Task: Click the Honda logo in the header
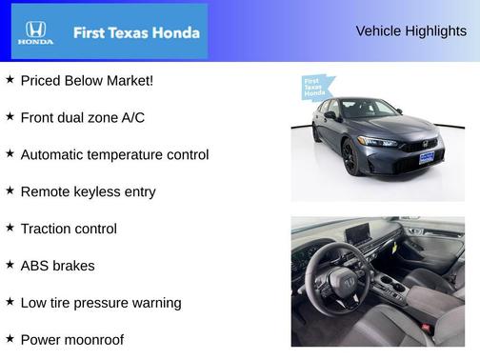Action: coord(34,33)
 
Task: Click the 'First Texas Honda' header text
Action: coord(136,32)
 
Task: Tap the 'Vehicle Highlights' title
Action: coord(410,30)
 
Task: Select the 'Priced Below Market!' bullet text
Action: coord(87,80)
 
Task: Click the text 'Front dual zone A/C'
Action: coord(82,117)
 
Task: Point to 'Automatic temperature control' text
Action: coord(114,154)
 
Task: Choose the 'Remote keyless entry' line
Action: coord(88,191)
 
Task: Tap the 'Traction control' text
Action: coord(69,229)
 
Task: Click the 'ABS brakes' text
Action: coord(57,266)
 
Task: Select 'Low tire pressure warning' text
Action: coord(100,303)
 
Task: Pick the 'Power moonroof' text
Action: coord(71,339)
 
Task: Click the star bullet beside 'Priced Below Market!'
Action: coord(10,79)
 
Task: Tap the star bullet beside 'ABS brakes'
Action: coord(10,265)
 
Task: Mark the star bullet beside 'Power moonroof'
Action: coord(10,338)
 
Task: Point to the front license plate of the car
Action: coord(427,157)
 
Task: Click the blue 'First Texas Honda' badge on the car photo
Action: coord(314,88)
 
